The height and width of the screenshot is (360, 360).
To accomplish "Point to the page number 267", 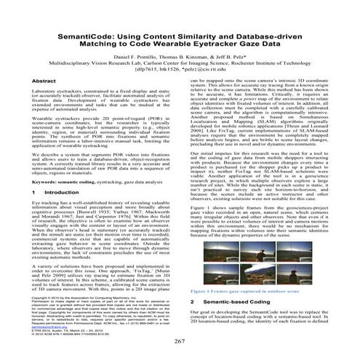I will coord(180,343).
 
